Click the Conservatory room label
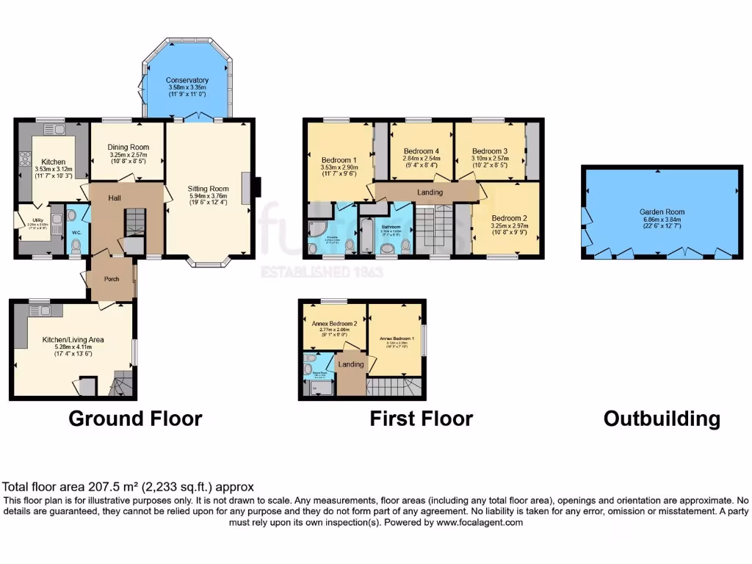click(187, 80)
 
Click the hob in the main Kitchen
click(24, 157)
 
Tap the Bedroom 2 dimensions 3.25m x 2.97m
click(508, 226)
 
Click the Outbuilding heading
click(661, 419)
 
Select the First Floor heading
click(421, 419)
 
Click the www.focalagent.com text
click(479, 523)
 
